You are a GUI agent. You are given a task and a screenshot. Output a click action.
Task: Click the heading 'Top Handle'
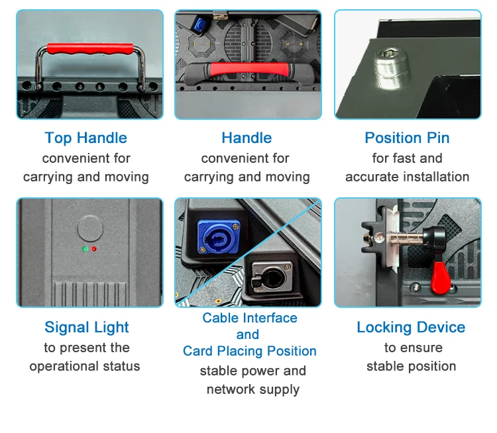pos(85,138)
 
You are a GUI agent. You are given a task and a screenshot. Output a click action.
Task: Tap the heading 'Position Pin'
pos(407,138)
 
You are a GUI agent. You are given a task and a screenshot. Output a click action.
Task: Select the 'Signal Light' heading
pos(87,327)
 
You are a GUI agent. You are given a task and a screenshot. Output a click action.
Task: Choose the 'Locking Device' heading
pos(411,327)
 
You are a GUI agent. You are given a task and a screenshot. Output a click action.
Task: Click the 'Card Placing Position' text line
pos(249,351)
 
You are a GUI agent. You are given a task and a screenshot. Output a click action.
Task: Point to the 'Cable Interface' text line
pos(250,318)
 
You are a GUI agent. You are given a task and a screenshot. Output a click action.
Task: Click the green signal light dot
pos(84,250)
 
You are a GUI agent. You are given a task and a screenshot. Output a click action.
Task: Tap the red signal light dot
pos(94,250)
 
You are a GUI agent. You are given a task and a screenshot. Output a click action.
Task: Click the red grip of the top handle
pos(89,50)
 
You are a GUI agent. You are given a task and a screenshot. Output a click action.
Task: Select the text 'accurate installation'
pos(407,177)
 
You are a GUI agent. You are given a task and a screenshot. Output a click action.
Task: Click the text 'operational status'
pos(85,366)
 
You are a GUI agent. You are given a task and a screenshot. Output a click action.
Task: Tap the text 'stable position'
pos(411,366)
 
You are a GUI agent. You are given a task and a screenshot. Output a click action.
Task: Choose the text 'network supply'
pos(252,389)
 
